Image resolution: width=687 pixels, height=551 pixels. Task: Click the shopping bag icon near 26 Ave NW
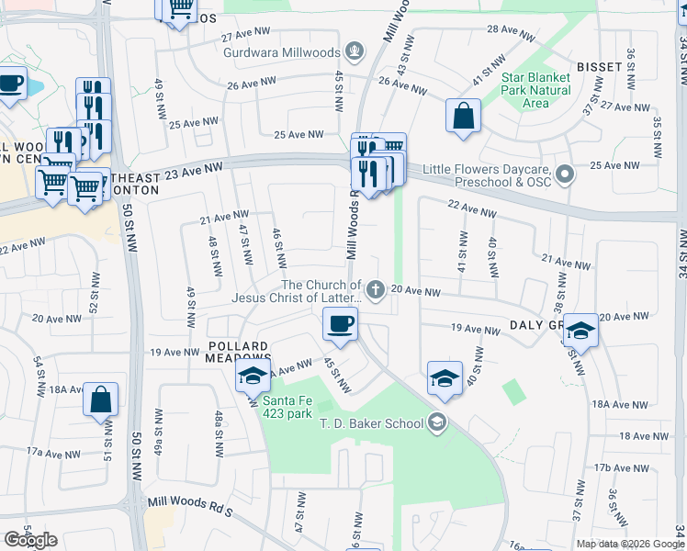(x=463, y=117)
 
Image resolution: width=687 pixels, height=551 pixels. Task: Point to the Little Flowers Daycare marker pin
(x=566, y=172)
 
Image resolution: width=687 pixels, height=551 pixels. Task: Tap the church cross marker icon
(x=376, y=291)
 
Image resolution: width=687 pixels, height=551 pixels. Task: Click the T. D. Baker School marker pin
(x=436, y=423)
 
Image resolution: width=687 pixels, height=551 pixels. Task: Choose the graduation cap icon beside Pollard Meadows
(x=253, y=376)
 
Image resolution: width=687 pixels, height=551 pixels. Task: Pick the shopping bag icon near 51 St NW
(x=100, y=400)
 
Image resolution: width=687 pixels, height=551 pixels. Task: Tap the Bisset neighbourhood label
(x=600, y=67)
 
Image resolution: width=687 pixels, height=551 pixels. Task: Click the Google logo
(x=30, y=540)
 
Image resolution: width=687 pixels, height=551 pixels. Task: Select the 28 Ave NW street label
(x=511, y=34)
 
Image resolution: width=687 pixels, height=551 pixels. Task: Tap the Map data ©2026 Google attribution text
(x=630, y=544)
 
